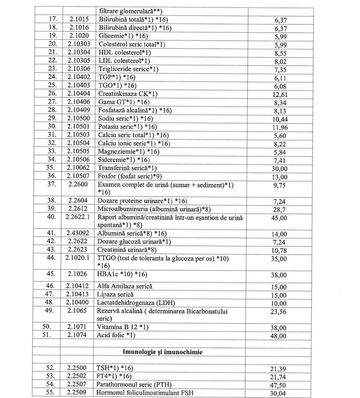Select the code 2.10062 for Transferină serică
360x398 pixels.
pos(79,168)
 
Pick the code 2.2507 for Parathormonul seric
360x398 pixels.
pos(79,384)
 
